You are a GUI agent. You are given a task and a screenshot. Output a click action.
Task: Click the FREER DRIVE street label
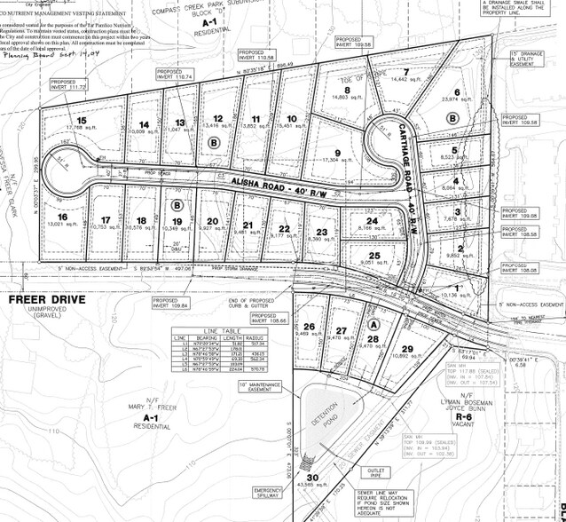(x=47, y=299)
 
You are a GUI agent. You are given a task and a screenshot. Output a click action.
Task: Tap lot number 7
(x=405, y=72)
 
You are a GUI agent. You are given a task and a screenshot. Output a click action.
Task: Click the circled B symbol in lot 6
(x=452, y=117)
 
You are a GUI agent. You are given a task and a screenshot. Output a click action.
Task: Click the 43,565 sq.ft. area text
(x=310, y=485)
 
